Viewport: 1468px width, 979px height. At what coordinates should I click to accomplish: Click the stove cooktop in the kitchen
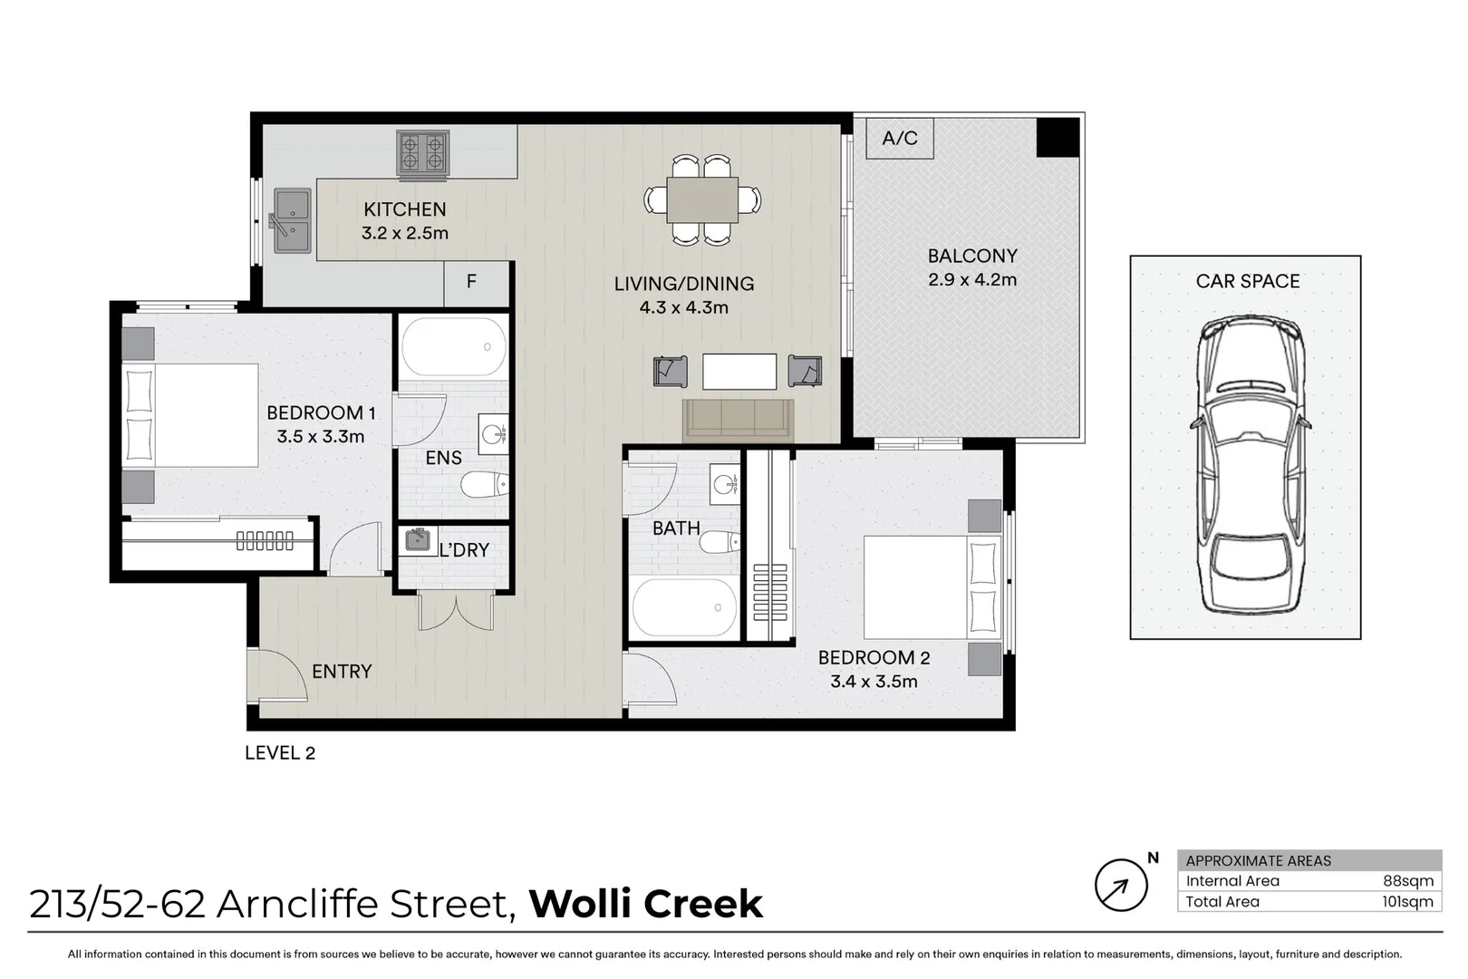pyautogui.click(x=423, y=152)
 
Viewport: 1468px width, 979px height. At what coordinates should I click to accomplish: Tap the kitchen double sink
pyautogui.click(x=293, y=221)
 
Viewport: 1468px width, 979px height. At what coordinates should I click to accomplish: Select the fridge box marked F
pyautogui.click(x=472, y=282)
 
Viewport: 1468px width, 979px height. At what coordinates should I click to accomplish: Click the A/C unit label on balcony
pyautogui.click(x=900, y=139)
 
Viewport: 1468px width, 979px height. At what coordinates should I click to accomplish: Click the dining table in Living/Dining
pyautogui.click(x=702, y=199)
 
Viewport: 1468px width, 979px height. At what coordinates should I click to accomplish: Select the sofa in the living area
pyautogui.click(x=738, y=420)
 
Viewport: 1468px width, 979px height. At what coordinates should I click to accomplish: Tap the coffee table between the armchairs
pyautogui.click(x=739, y=371)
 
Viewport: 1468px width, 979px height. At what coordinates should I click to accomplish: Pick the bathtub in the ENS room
pyautogui.click(x=454, y=347)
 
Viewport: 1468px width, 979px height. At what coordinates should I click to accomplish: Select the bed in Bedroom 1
pyautogui.click(x=190, y=415)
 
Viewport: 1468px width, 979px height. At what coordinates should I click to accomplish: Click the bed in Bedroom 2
pyautogui.click(x=933, y=586)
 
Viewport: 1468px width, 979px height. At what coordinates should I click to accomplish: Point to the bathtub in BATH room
pyautogui.click(x=684, y=608)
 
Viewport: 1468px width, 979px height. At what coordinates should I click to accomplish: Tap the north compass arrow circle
pyautogui.click(x=1121, y=885)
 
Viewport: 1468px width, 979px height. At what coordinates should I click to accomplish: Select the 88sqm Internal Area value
pyautogui.click(x=1414, y=881)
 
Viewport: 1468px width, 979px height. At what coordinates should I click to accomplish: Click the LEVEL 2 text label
pyautogui.click(x=280, y=753)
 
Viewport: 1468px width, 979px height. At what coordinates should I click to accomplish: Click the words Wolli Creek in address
pyautogui.click(x=646, y=904)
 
